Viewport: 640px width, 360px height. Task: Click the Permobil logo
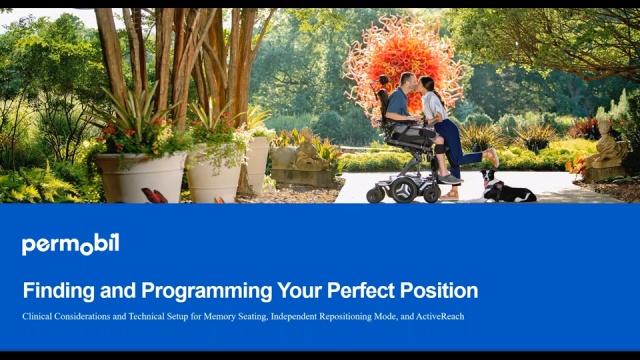point(70,245)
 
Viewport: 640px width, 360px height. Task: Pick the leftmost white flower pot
point(140,175)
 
